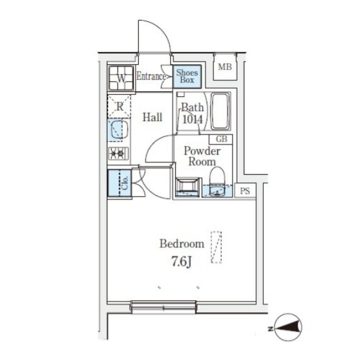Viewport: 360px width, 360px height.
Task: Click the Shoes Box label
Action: click(x=187, y=76)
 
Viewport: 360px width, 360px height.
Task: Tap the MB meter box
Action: click(x=225, y=67)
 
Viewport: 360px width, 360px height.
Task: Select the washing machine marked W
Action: click(x=121, y=78)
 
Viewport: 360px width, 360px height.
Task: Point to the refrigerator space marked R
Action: click(x=119, y=106)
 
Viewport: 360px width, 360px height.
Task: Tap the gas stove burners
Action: click(x=118, y=153)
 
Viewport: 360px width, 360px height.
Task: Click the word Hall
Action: click(x=153, y=117)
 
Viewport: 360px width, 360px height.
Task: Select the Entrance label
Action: click(x=151, y=76)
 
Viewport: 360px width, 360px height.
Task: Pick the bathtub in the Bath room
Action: click(x=221, y=111)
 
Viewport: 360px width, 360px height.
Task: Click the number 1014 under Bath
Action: click(x=193, y=119)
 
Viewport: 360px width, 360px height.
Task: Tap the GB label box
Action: click(x=221, y=139)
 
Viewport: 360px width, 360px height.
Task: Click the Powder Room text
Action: click(x=202, y=156)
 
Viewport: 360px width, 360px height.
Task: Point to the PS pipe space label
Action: click(x=245, y=191)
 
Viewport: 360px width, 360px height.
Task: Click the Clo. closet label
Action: click(x=125, y=183)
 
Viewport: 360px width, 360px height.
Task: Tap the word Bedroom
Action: click(x=182, y=244)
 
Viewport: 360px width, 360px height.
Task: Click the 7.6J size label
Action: click(x=182, y=261)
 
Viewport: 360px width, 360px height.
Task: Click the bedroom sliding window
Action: click(x=163, y=307)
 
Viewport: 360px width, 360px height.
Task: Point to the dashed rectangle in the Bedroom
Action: click(x=217, y=247)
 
